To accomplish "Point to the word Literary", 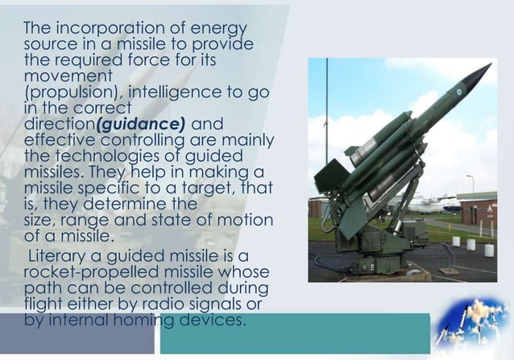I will coord(60,256).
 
